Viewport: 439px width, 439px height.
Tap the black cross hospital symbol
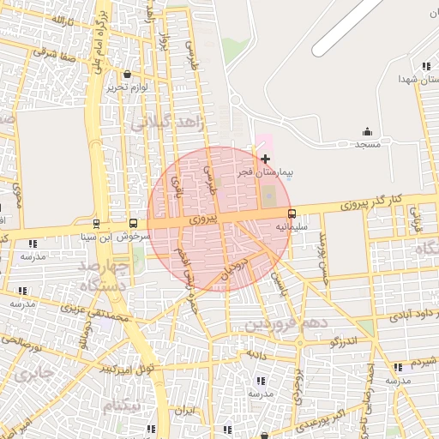point(265,159)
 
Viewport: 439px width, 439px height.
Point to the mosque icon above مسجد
point(367,131)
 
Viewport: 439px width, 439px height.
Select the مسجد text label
point(367,144)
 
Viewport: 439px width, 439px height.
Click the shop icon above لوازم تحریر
point(128,75)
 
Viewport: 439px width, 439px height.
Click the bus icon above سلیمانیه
point(292,213)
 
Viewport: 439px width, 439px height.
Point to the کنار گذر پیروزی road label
point(370,202)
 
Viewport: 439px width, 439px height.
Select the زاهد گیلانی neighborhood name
point(167,125)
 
